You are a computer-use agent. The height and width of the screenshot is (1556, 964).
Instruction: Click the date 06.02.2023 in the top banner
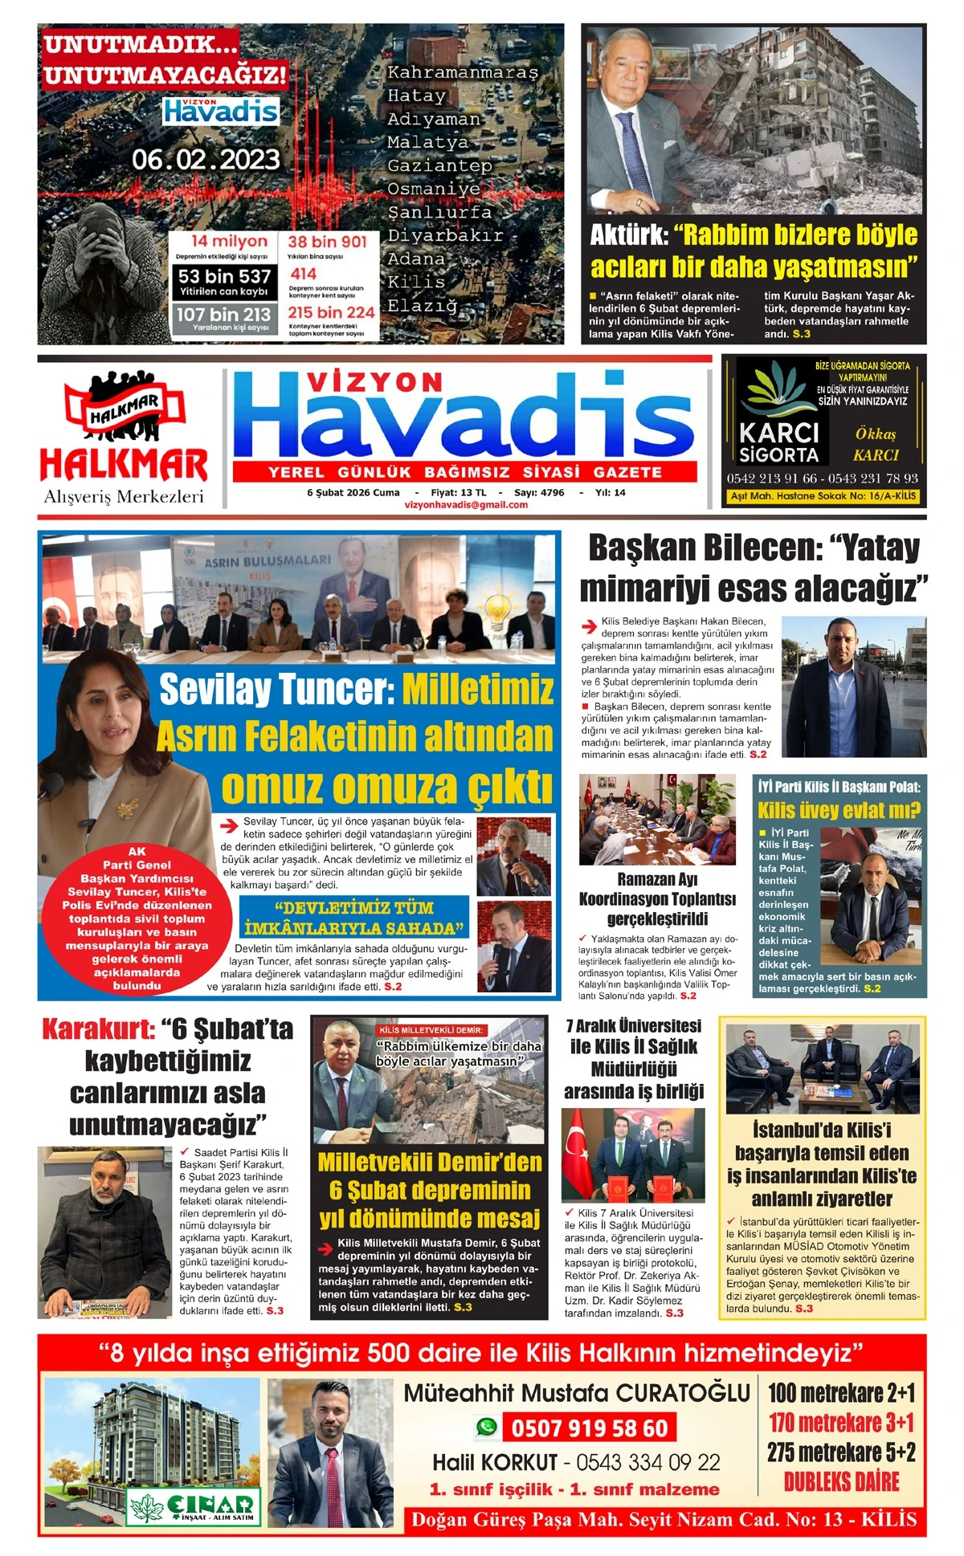tap(206, 159)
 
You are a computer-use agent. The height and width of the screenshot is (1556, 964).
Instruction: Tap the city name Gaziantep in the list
tap(439, 165)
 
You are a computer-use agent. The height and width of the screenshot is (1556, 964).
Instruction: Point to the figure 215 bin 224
tap(331, 312)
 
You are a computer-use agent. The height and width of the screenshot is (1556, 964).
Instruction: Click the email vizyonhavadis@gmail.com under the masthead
tap(466, 505)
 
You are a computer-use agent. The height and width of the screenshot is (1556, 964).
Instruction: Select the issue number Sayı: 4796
tap(539, 492)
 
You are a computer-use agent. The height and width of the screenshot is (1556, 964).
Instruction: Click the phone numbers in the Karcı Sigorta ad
tap(822, 478)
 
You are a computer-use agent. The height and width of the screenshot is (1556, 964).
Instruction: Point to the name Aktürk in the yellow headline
tap(628, 235)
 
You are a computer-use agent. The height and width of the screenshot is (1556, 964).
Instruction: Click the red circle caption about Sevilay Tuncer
tap(137, 918)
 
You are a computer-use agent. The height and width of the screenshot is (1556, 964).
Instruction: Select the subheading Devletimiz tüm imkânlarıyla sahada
tap(354, 919)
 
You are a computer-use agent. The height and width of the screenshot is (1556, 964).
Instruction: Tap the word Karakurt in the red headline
tap(97, 1029)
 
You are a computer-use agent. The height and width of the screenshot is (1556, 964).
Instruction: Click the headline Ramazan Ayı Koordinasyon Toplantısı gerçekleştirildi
tap(657, 898)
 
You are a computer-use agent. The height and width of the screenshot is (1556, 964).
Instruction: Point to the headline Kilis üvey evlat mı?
tap(839, 809)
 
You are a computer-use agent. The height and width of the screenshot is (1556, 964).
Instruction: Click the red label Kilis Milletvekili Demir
tap(431, 1029)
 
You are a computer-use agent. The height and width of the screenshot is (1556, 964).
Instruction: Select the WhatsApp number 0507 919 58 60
tap(588, 1428)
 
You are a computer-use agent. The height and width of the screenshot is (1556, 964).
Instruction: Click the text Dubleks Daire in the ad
tap(841, 1482)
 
